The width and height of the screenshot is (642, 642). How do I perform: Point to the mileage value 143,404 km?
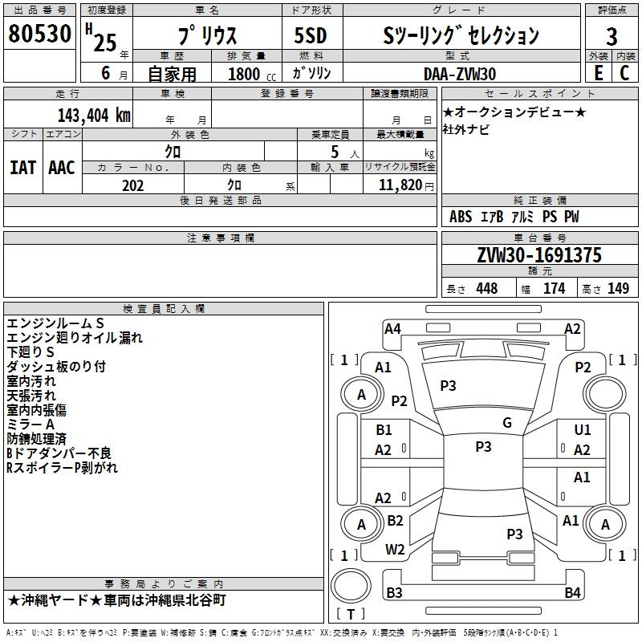click(x=94, y=115)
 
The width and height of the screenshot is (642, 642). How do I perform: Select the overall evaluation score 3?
click(x=612, y=36)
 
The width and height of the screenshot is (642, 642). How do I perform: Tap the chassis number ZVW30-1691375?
click(x=539, y=255)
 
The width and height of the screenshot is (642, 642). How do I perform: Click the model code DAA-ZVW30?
click(x=460, y=74)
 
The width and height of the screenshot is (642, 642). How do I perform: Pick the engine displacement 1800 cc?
click(x=246, y=74)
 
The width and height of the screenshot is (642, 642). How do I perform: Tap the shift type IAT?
click(x=22, y=168)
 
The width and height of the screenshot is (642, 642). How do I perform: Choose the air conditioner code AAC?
click(x=62, y=168)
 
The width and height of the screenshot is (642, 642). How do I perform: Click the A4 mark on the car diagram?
click(x=392, y=328)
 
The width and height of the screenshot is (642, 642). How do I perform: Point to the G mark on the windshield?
click(x=507, y=423)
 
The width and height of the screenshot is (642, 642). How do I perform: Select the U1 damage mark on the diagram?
click(x=583, y=430)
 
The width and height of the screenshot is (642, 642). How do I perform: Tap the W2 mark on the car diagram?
click(x=395, y=550)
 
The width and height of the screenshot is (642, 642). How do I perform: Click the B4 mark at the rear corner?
click(x=572, y=593)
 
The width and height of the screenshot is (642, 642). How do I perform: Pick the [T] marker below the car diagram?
click(x=350, y=615)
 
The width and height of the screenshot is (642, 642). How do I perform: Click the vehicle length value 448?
click(x=486, y=289)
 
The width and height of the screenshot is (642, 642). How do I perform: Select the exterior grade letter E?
click(x=598, y=73)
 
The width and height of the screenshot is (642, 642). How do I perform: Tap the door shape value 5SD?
click(x=311, y=36)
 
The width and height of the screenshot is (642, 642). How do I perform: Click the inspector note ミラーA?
click(x=30, y=424)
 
